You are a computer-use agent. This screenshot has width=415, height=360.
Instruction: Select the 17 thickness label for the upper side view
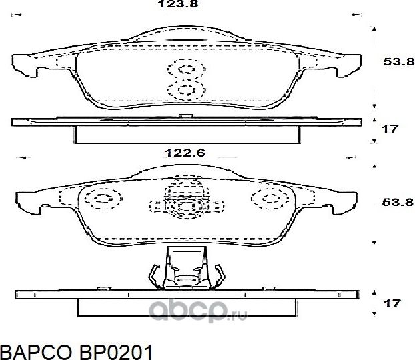(390, 129)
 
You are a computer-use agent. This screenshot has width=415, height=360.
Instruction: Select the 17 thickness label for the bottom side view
(392, 304)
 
